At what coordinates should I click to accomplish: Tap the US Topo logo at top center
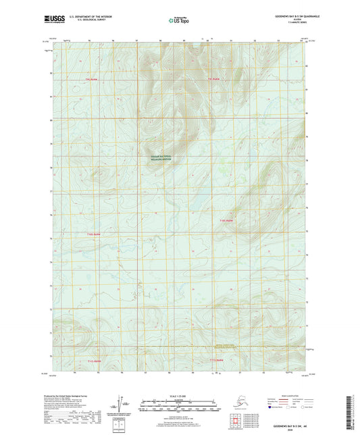pos(178,21)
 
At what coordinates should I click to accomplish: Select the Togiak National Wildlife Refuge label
pos(161,158)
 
